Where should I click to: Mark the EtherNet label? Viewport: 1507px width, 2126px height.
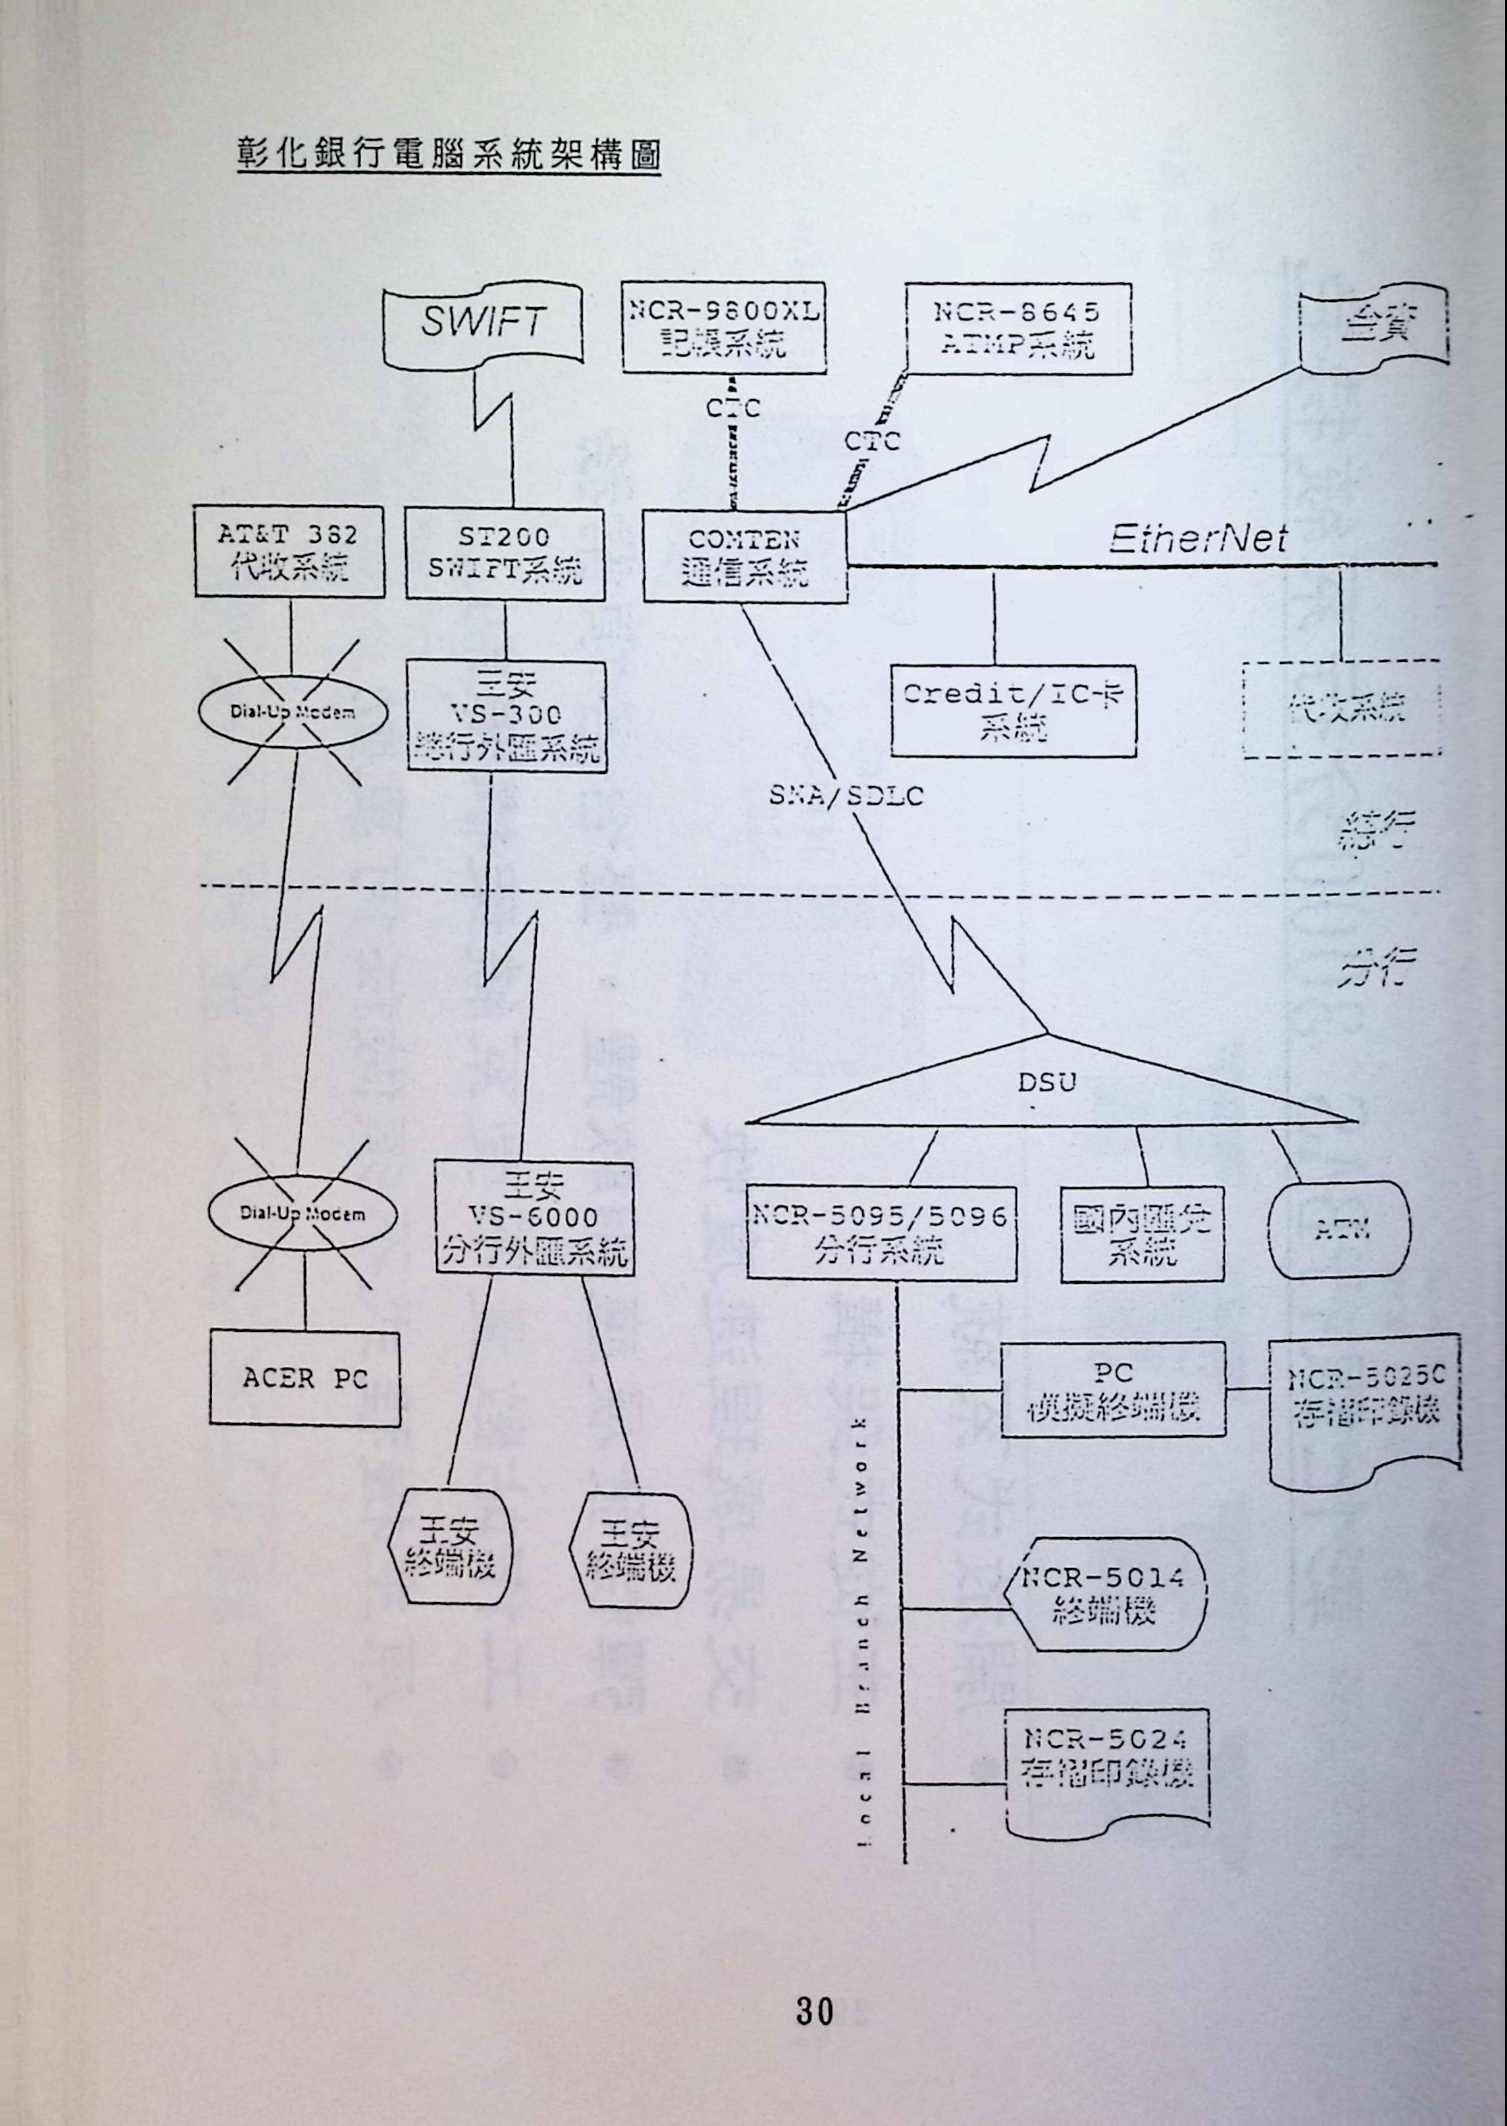[1197, 538]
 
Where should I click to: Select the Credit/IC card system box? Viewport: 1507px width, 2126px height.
[1011, 710]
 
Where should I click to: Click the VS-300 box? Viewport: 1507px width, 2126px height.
[506, 715]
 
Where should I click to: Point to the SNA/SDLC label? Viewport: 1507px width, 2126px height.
[845, 796]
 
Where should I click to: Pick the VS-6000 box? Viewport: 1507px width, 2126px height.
[533, 1216]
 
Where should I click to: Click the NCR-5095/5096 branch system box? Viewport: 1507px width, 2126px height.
[879, 1233]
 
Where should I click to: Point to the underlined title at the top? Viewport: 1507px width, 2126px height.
[448, 153]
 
